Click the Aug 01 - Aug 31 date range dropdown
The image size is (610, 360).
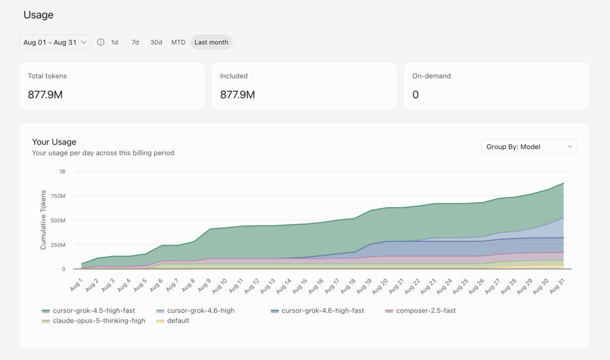click(55, 42)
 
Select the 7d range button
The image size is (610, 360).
click(135, 42)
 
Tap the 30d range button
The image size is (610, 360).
click(156, 42)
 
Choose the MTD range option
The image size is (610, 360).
click(178, 42)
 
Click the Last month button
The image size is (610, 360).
click(211, 42)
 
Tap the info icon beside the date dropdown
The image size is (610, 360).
click(101, 42)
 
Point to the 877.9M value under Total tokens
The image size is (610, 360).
click(45, 95)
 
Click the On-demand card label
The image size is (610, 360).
click(431, 76)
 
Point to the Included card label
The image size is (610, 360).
click(234, 76)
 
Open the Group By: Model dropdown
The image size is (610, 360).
click(529, 147)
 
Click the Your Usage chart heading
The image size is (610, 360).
click(54, 142)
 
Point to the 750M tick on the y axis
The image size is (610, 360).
click(58, 195)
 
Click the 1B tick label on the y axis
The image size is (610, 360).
click(62, 171)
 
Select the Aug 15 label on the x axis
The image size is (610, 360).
click(300, 286)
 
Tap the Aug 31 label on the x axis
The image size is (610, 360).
click(557, 286)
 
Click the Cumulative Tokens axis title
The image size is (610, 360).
click(43, 219)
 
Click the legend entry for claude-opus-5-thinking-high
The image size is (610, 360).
click(94, 321)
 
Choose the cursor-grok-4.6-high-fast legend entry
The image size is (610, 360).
click(317, 311)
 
